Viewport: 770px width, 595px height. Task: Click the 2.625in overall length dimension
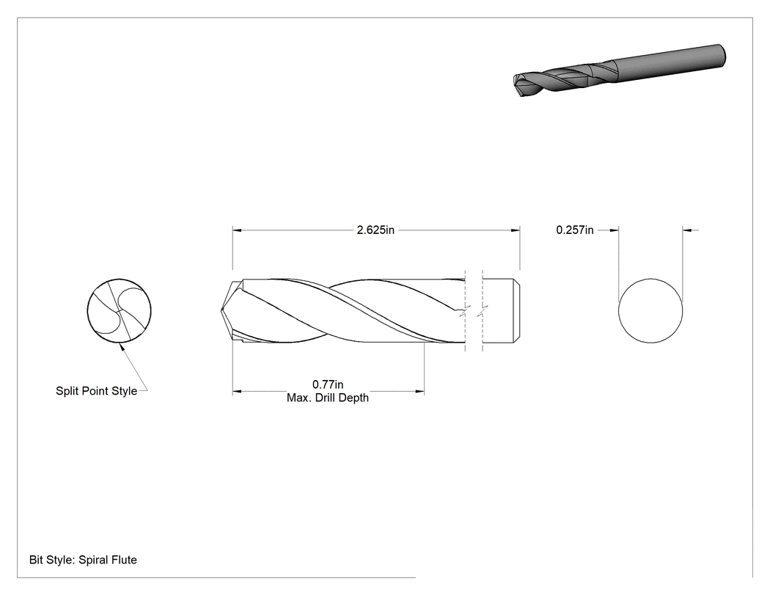pos(375,230)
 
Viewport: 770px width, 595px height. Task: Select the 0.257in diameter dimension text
pos(574,230)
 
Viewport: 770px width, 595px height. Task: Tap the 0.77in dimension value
pos(328,384)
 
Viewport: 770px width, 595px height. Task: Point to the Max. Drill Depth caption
pos(328,398)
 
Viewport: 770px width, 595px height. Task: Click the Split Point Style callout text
pos(96,391)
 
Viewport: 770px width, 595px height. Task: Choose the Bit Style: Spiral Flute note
pos(83,560)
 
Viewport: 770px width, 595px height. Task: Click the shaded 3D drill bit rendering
pos(619,70)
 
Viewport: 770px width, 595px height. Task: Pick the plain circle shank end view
pos(650,310)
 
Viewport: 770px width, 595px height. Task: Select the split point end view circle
pos(120,310)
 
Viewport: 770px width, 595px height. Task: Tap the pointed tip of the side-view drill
pos(222,310)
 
